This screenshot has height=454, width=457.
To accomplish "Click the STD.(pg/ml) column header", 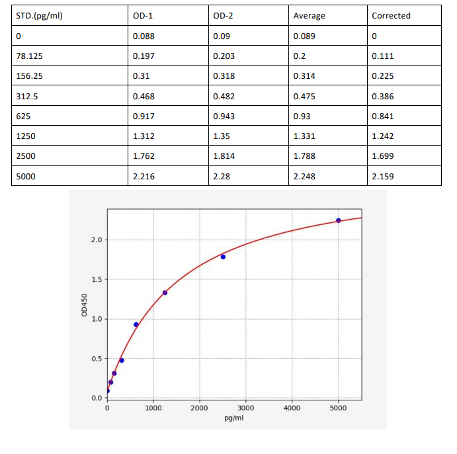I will pos(39,16).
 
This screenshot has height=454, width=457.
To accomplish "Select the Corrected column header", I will pos(391,16).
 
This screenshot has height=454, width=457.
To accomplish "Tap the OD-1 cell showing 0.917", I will pos(144,116).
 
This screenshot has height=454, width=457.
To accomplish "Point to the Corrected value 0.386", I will pos(383,96).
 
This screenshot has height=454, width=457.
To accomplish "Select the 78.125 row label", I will pos(29,56).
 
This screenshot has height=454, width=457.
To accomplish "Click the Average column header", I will pos(309,16).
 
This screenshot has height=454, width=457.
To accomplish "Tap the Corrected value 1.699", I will pos(383,156).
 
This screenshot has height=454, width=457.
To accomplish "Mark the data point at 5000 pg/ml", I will pos(338,220).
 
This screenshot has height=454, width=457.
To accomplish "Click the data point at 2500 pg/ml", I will pos(223,257).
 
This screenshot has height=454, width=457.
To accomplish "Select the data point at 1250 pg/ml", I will pos(165,293).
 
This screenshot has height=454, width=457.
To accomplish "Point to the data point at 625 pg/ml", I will pos(136,324).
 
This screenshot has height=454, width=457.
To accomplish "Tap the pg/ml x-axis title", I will pos(234,419).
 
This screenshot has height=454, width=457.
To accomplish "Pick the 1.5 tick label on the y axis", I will pos(96,279).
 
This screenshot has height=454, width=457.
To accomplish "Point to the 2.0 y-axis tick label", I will pos(96,240).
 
